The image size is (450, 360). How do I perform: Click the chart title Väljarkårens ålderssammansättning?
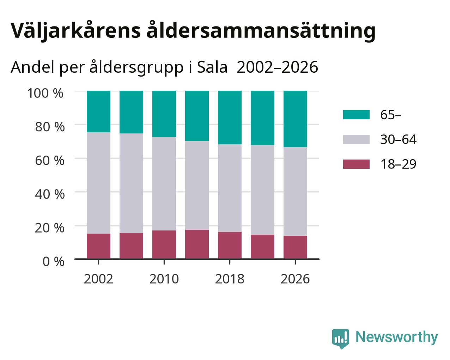click(193, 31)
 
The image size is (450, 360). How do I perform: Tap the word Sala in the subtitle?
click(212, 67)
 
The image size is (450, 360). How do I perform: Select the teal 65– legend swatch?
click(356, 115)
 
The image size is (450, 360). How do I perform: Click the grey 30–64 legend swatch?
click(356, 139)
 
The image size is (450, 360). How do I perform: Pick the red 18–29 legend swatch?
click(356, 164)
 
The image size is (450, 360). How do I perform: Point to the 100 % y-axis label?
click(45, 93)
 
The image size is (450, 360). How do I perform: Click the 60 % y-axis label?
click(50, 161)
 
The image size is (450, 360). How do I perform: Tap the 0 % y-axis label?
click(53, 262)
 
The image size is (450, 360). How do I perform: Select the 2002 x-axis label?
click(98, 279)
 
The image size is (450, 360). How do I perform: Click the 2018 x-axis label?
click(230, 279)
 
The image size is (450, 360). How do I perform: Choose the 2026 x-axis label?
click(295, 279)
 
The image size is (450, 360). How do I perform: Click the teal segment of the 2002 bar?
click(98, 112)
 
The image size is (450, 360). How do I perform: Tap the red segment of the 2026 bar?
click(295, 247)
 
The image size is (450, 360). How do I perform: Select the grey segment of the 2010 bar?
click(164, 184)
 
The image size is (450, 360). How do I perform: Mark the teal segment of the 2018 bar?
click(230, 118)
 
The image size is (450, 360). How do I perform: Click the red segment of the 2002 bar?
click(98, 246)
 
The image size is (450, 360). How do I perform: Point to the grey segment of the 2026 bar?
click(295, 192)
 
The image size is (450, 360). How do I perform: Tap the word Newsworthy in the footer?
click(397, 337)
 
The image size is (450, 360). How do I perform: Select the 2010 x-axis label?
click(164, 279)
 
